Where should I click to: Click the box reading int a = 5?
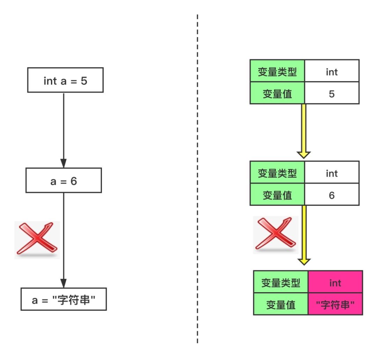click(x=65, y=80)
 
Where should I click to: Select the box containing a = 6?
click(x=64, y=180)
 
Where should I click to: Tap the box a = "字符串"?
click(x=64, y=299)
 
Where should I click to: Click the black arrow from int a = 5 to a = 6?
click(x=64, y=130)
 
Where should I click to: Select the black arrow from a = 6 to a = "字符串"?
click(x=64, y=240)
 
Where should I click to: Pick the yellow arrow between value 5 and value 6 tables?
click(x=304, y=131)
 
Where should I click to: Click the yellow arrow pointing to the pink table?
click(x=304, y=235)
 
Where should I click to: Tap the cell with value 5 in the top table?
click(x=332, y=93)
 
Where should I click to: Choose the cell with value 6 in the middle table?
click(x=332, y=195)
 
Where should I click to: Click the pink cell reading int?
click(x=335, y=282)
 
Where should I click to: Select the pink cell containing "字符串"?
click(x=335, y=304)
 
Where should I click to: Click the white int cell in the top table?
click(x=332, y=71)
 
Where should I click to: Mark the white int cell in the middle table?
click(x=332, y=172)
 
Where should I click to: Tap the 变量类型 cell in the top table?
click(x=277, y=71)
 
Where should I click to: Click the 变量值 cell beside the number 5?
click(x=277, y=93)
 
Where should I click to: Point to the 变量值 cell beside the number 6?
click(x=277, y=195)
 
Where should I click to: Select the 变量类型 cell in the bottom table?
click(x=281, y=282)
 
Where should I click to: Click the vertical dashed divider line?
click(x=197, y=179)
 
